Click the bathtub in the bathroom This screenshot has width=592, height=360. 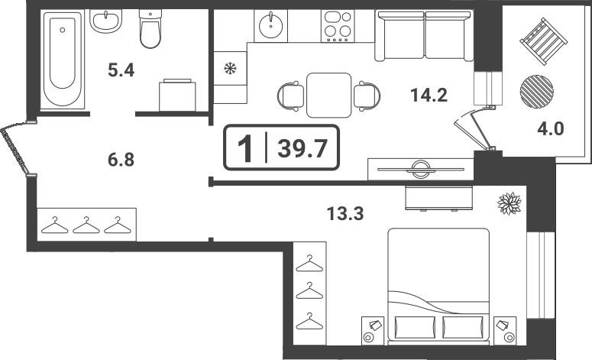coord(63,60)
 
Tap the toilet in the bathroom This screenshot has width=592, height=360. coord(150,29)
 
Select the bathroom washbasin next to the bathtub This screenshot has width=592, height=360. coord(105,21)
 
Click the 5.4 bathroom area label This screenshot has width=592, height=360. coord(121,70)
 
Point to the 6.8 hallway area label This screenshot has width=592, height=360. coord(121,160)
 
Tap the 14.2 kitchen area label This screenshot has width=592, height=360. coord(429,95)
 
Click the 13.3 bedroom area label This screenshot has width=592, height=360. coord(345,214)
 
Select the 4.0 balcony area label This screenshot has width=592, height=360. coord(551,129)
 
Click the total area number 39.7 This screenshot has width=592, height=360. coord(302,148)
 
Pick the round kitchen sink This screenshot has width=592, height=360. coord(270,25)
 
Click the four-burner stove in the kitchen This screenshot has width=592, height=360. coord(338,26)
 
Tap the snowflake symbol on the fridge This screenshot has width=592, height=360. coord(230,68)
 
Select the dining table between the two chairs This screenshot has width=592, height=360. coord(329,96)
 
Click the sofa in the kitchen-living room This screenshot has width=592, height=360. coord(424,36)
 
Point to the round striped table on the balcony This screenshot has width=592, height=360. coord(536,92)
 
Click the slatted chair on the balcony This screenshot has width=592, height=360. coord(544,42)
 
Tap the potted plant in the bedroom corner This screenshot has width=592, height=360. coord(510,203)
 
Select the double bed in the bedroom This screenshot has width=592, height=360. coord(438,287)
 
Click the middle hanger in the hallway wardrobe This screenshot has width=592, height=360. coord(86,225)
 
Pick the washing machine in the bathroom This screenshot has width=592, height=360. coord(177,95)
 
